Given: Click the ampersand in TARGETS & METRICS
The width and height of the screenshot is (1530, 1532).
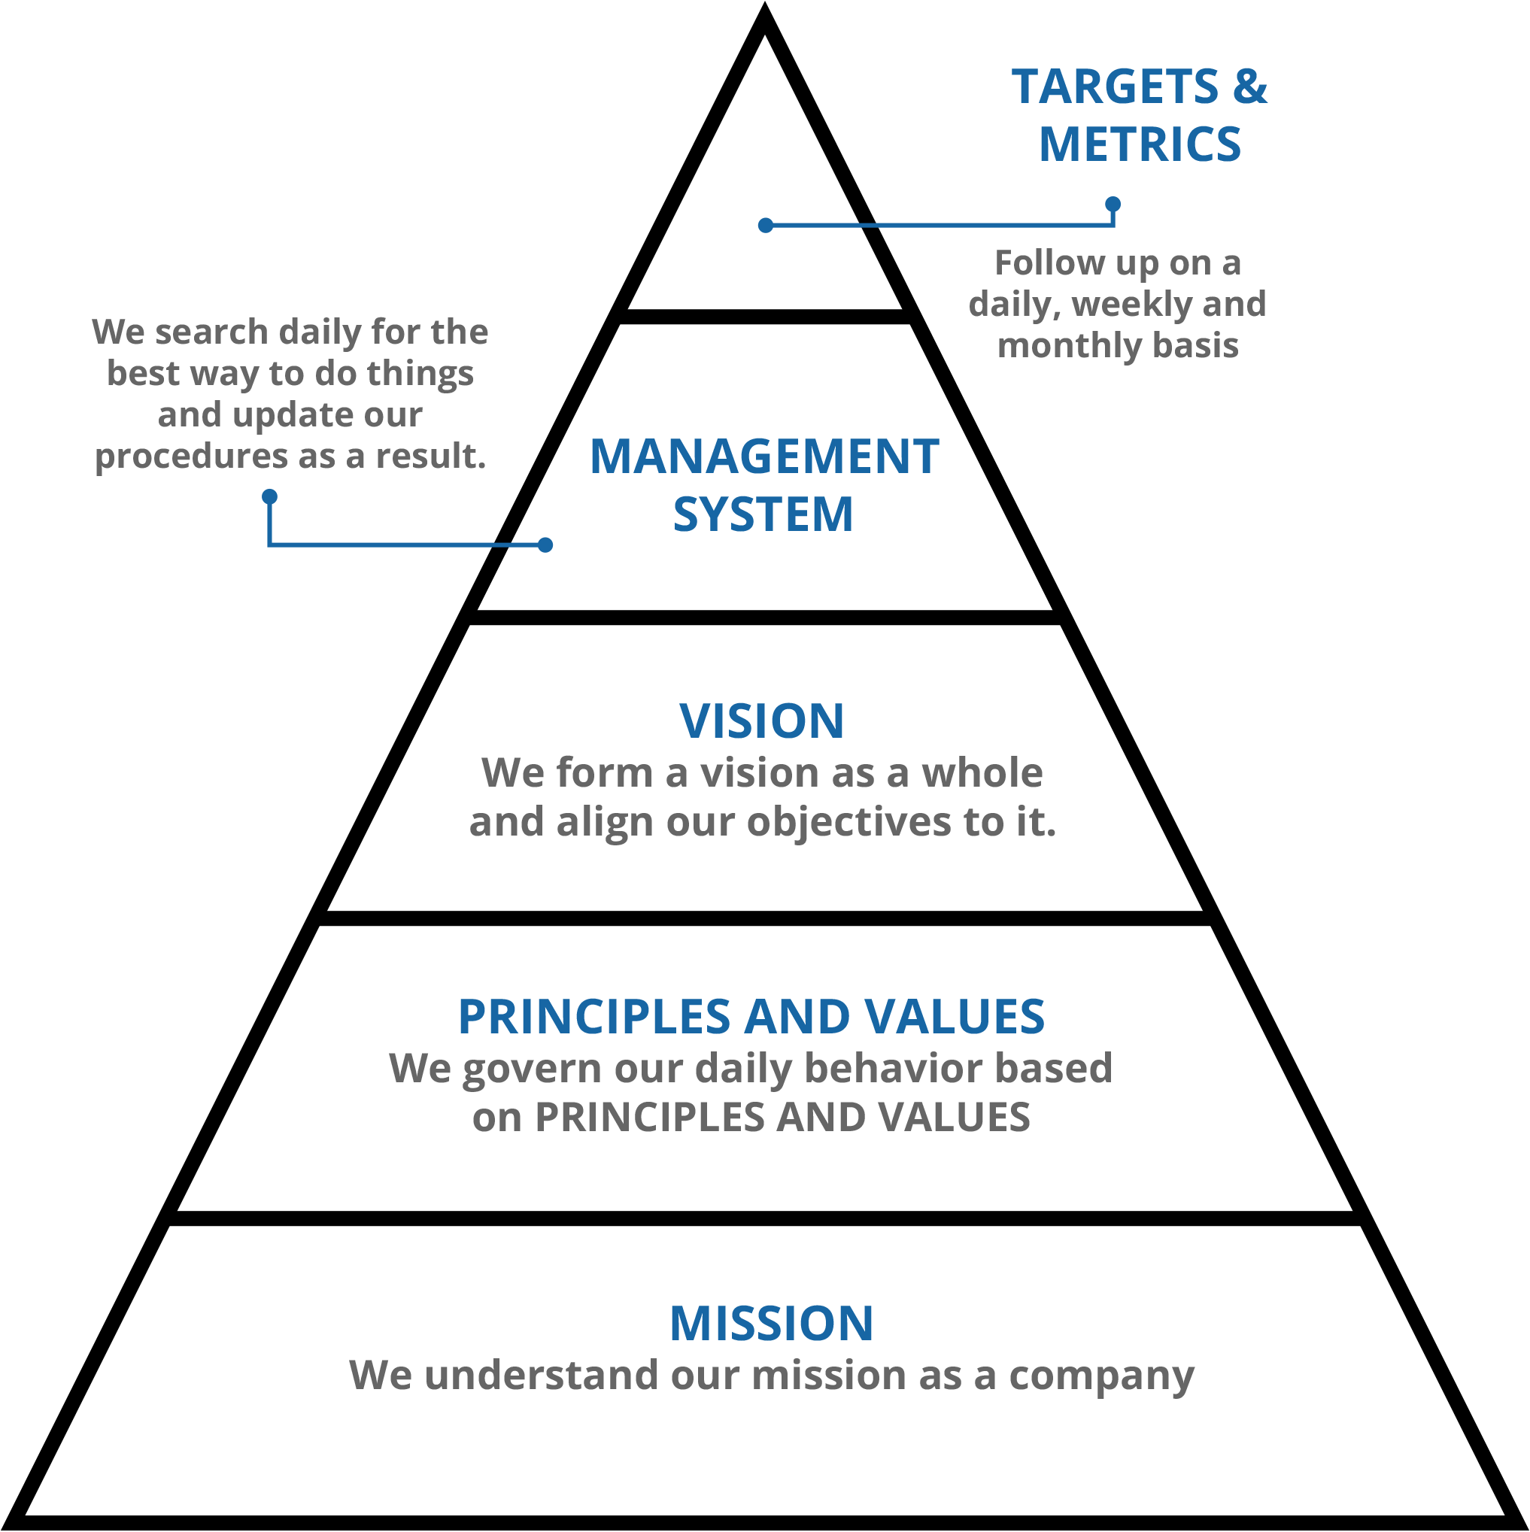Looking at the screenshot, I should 1249,86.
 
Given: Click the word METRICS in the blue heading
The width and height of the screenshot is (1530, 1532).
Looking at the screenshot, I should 1140,144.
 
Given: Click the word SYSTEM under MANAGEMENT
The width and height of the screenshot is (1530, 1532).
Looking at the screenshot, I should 763,514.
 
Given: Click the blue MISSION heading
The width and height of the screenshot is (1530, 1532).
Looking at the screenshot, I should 772,1324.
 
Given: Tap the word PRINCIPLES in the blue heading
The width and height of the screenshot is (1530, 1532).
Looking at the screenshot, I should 594,1017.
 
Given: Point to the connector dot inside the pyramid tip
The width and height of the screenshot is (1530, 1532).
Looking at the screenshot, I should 766,226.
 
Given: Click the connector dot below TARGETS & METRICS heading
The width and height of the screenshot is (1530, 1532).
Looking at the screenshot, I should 1113,205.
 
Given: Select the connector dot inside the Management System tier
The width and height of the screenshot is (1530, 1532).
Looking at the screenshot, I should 545,545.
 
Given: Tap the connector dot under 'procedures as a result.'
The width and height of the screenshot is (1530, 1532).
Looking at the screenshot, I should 270,497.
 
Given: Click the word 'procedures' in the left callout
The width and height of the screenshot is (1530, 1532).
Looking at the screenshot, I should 191,457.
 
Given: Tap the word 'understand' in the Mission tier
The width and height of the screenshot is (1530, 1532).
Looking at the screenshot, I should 541,1375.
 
